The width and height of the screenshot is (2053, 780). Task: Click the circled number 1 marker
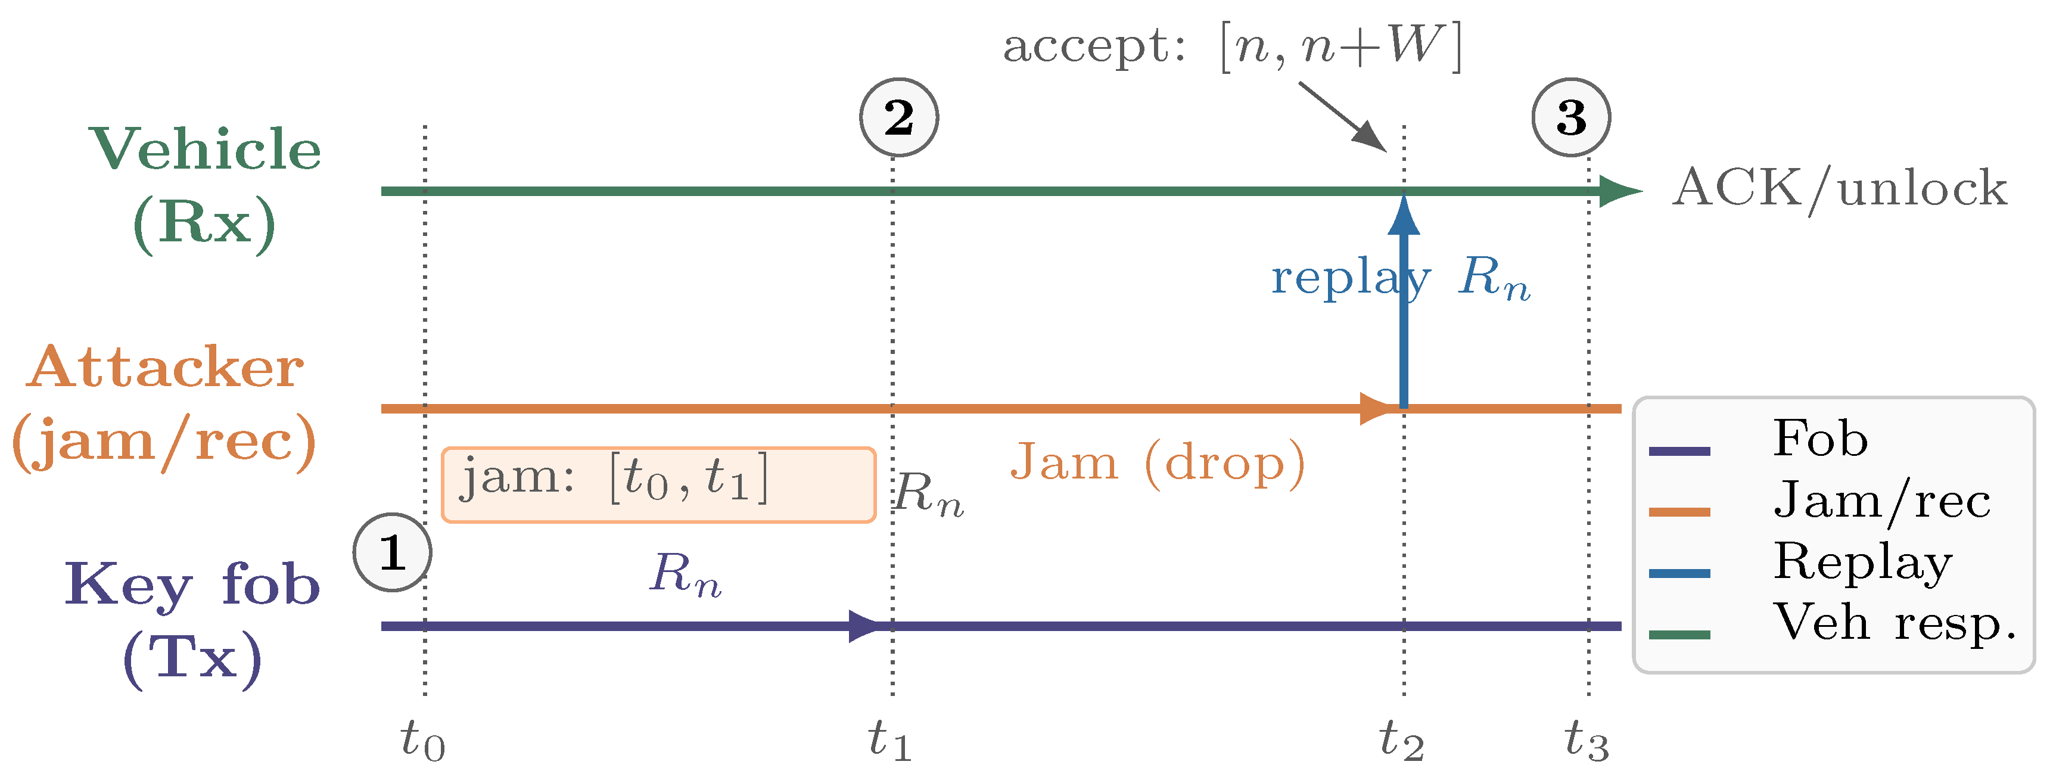pyautogui.click(x=392, y=552)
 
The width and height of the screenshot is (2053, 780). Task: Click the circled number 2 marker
pyautogui.click(x=899, y=117)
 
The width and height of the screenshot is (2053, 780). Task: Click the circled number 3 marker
pyautogui.click(x=1571, y=117)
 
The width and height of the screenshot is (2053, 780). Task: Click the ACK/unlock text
pyautogui.click(x=1839, y=189)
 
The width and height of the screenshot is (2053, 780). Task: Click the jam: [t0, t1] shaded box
pyautogui.click(x=658, y=484)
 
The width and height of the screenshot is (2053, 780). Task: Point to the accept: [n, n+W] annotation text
pyautogui.click(x=1232, y=46)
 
